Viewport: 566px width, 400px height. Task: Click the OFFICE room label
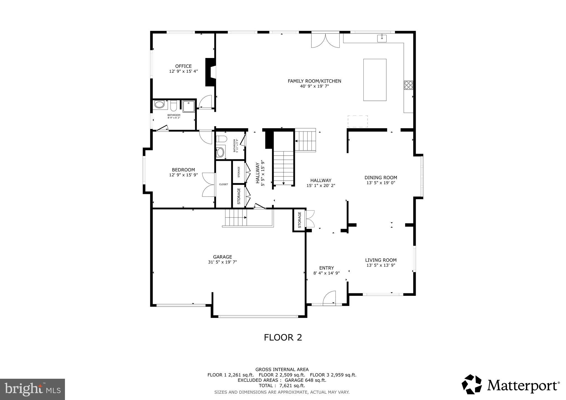[183, 66]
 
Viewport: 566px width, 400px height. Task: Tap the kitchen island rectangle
[374, 80]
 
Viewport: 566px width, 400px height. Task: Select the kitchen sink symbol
[382, 38]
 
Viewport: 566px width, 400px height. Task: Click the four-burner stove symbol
[408, 85]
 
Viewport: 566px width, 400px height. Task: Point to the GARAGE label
[222, 257]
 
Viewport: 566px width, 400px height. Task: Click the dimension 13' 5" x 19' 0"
[381, 183]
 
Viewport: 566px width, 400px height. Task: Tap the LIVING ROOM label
[381, 260]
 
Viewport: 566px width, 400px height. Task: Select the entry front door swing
[329, 298]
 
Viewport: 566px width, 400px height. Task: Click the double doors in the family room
[325, 41]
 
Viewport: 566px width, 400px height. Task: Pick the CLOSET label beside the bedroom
[223, 184]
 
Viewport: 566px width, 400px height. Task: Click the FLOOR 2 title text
[283, 337]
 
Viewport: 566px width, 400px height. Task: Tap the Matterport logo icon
[471, 384]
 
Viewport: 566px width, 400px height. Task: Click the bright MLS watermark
[32, 390]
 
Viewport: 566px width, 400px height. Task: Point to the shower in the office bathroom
[188, 106]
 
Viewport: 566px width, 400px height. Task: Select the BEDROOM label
[183, 170]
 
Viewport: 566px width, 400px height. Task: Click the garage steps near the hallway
[236, 217]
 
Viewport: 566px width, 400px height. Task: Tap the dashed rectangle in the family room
[357, 121]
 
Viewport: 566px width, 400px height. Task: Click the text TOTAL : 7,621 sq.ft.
[282, 386]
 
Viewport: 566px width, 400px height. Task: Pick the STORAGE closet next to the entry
[299, 220]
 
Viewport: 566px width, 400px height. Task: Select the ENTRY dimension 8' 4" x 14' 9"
[326, 273]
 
